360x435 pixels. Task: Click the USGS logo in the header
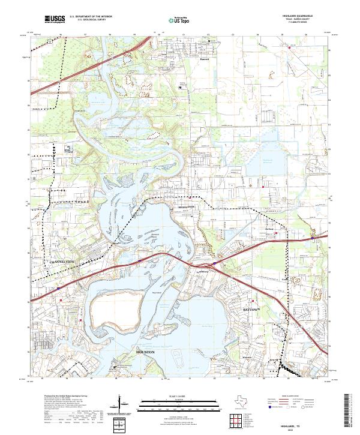tap(55, 19)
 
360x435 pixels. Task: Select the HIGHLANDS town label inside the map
tap(187, 206)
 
